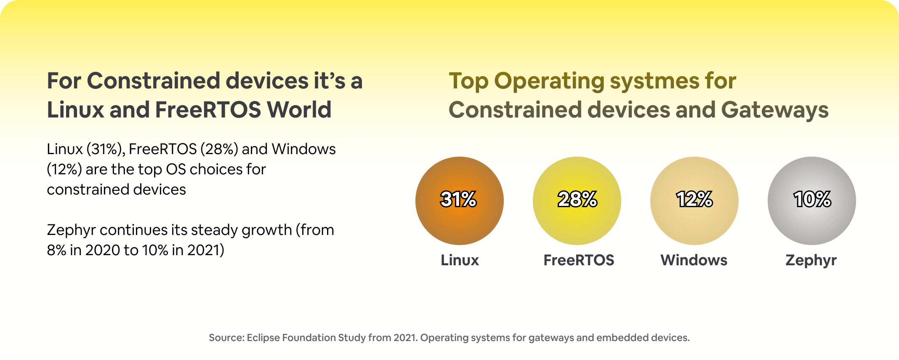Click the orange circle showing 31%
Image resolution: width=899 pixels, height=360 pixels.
(x=459, y=201)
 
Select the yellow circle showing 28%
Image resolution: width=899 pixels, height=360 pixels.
(x=577, y=201)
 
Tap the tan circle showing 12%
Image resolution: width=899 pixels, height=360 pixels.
(x=694, y=201)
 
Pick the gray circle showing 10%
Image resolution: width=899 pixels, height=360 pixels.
(x=811, y=201)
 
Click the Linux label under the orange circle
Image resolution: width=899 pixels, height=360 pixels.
(x=460, y=260)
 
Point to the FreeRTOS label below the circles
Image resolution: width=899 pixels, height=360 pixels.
(x=579, y=260)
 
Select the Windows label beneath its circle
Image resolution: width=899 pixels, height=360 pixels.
(x=694, y=260)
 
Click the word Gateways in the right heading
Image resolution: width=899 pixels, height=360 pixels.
(x=774, y=110)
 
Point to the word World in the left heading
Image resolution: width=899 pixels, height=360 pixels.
(x=299, y=110)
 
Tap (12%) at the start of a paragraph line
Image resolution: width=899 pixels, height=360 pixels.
(x=64, y=169)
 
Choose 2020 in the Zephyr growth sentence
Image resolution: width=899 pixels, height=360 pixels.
(x=102, y=250)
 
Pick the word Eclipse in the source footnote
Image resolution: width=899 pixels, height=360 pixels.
(x=263, y=338)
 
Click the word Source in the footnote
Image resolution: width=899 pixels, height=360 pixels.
(x=226, y=338)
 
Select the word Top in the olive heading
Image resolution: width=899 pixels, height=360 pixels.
(x=468, y=81)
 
